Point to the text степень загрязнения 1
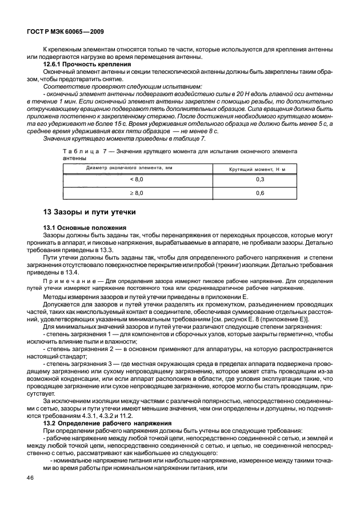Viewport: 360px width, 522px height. pos(77,334)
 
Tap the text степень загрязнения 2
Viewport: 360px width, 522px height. pos(77,348)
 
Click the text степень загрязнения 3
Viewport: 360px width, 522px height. pos(77,362)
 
